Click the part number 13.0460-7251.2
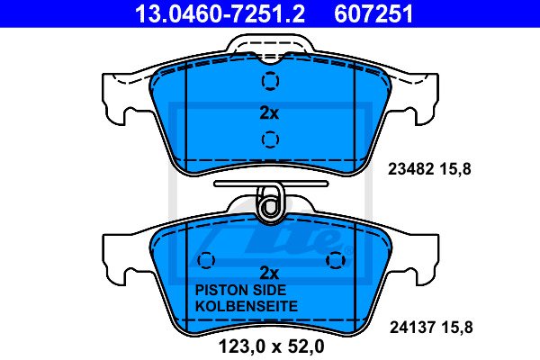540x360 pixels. (220, 13)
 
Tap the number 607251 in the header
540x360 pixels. (373, 13)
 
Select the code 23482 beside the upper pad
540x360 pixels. (410, 169)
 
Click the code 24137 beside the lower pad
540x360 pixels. (412, 327)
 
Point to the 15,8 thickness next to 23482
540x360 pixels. (454, 169)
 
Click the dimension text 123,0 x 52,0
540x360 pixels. (272, 346)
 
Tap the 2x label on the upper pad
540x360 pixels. (269, 112)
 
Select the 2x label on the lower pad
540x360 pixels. (269, 274)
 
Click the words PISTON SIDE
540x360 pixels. (240, 290)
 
